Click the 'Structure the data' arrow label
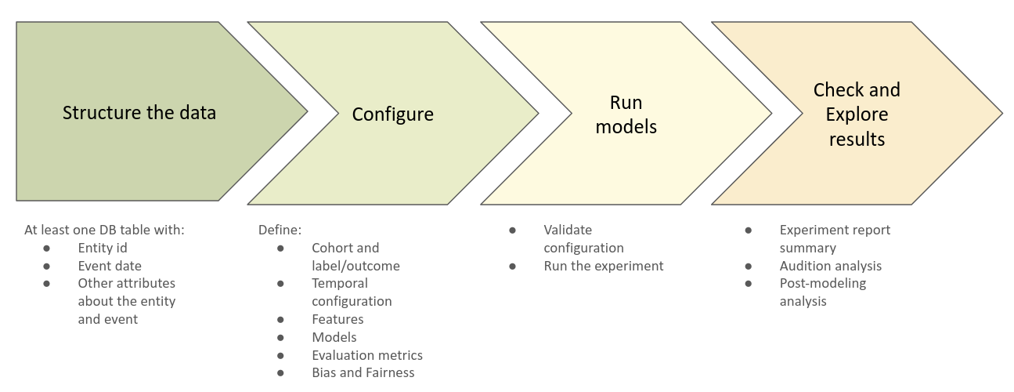tap(139, 113)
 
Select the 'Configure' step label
tap(392, 114)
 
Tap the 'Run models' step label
tap(626, 114)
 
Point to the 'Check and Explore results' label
tap(857, 114)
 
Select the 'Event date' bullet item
tap(110, 266)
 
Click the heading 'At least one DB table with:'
tap(104, 230)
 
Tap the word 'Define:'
tap(280, 230)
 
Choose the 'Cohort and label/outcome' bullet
tap(355, 257)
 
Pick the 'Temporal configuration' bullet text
tap(352, 292)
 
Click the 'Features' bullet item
tap(337, 319)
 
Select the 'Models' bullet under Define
tap(334, 337)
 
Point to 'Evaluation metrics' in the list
tap(367, 355)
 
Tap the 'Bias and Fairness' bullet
tap(363, 373)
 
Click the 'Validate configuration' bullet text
tap(583, 239)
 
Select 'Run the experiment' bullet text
tap(604, 266)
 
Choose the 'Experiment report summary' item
tap(835, 239)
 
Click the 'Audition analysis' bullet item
tap(831, 266)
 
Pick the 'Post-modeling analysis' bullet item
tap(823, 292)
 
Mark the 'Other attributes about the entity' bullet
tap(126, 301)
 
